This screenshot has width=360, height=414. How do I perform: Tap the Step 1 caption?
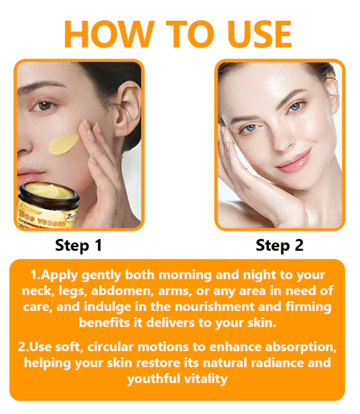tap(78, 245)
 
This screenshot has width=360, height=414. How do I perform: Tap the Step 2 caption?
tap(279, 245)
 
